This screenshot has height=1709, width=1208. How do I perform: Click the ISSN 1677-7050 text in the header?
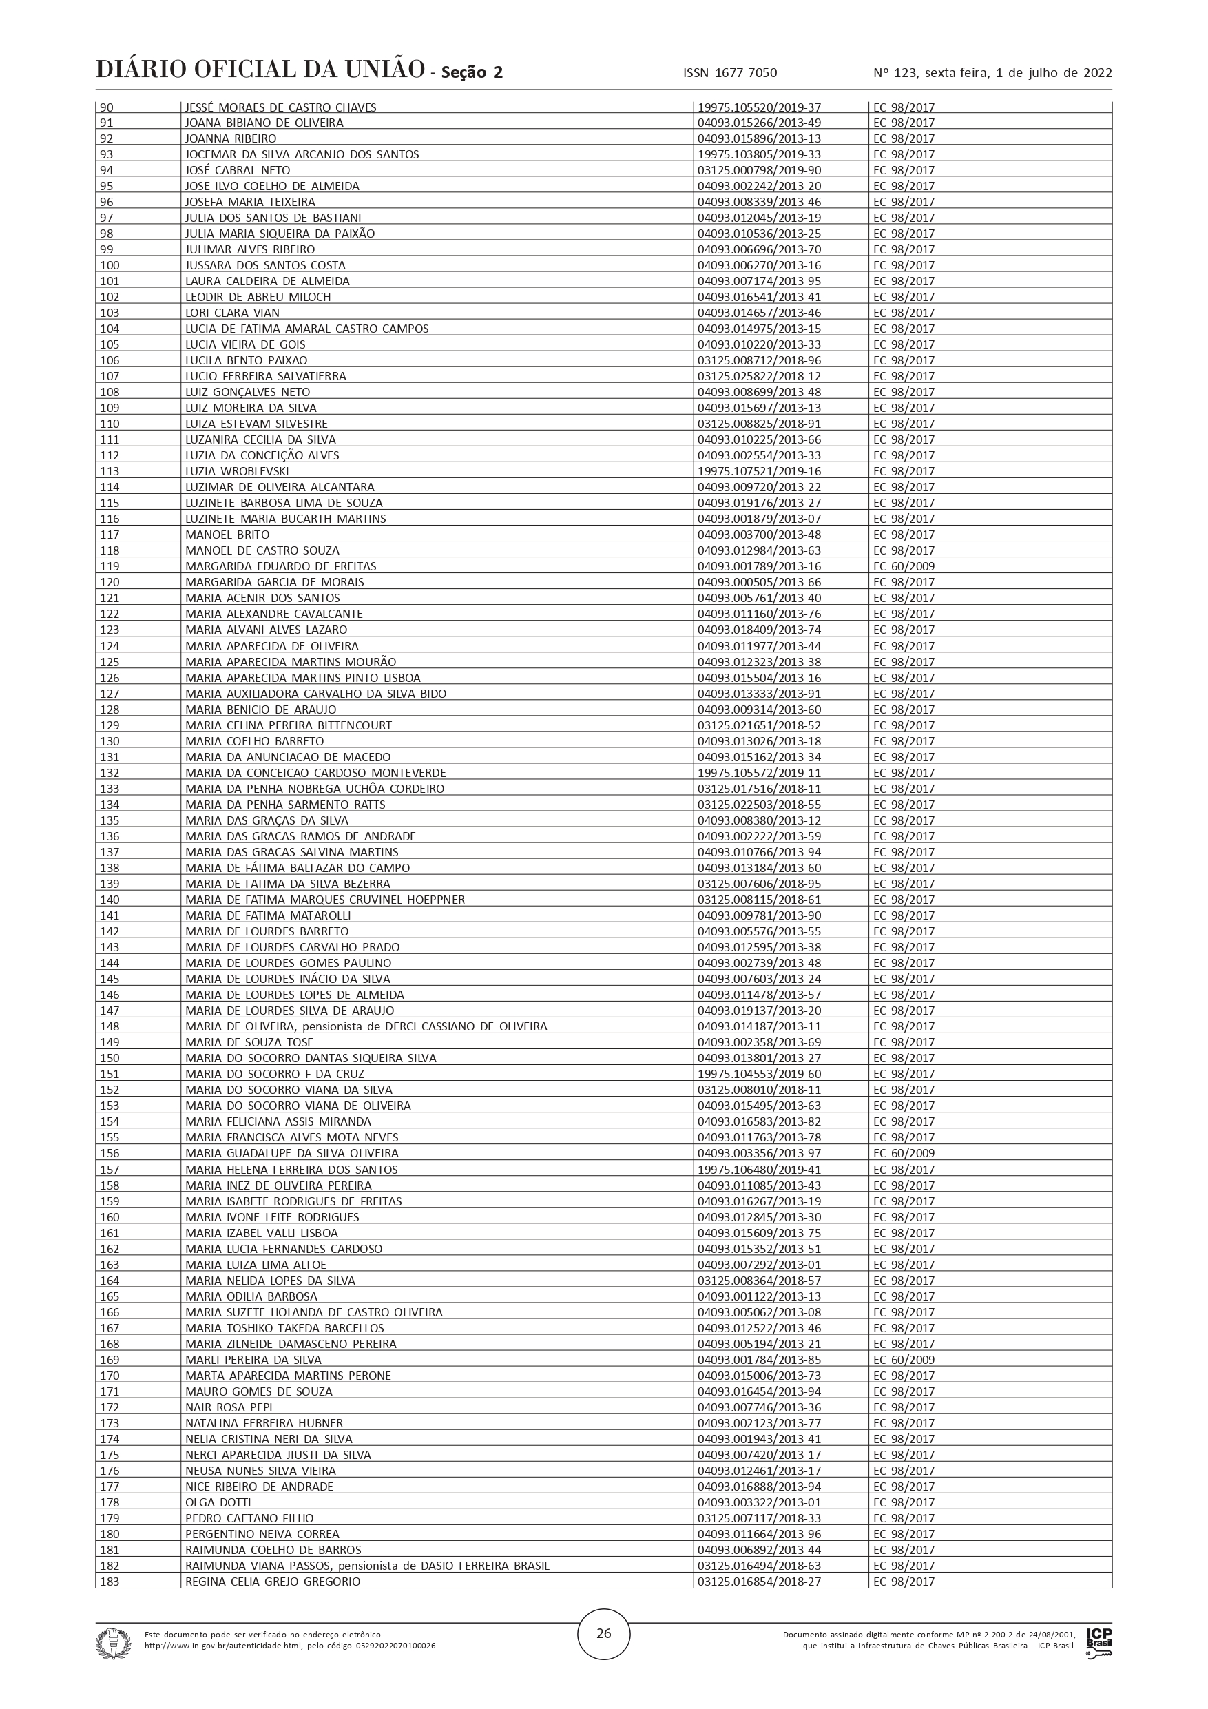(x=729, y=73)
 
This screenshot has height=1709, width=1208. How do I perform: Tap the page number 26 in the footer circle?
(x=603, y=1633)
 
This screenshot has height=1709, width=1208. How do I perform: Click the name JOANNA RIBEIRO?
(x=231, y=138)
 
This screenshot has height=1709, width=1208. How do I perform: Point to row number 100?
(x=110, y=266)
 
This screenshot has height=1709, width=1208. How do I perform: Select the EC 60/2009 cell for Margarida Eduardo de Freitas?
(x=904, y=566)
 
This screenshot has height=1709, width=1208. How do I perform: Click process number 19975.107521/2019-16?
(x=759, y=471)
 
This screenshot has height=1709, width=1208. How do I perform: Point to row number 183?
(x=110, y=1581)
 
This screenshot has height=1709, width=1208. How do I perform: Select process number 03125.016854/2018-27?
(x=759, y=1581)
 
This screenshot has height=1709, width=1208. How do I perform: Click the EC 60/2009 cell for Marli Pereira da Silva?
(x=904, y=1360)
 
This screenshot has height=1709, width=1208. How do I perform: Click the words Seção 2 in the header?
(x=472, y=72)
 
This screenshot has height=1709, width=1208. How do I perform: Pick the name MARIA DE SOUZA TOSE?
(x=249, y=1042)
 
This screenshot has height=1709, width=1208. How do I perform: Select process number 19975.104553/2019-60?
(x=759, y=1074)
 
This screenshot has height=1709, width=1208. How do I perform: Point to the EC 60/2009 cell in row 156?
(x=904, y=1153)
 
